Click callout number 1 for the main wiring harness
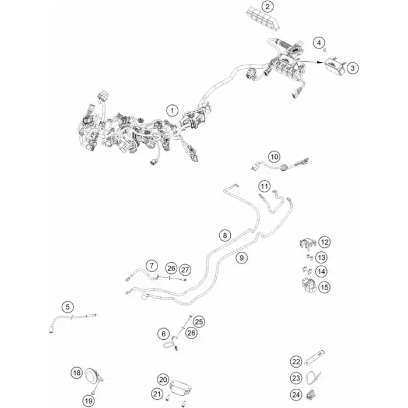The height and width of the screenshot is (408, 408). [x=172, y=111]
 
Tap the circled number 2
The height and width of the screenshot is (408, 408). [x=268, y=7]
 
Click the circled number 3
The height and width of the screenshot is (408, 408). [x=353, y=68]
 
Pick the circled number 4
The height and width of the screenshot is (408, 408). [x=319, y=43]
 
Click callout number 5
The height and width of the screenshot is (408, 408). [x=68, y=307]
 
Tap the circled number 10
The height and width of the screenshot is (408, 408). [x=275, y=157]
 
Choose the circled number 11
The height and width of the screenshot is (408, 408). [x=265, y=187]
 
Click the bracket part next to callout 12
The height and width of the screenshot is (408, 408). [x=308, y=243]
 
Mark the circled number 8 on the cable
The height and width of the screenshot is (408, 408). [x=225, y=235]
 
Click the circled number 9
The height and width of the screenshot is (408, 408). [x=242, y=258]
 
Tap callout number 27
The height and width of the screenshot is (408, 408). [x=185, y=270]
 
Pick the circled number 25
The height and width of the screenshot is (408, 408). [x=199, y=322]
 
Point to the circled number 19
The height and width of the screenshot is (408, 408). [x=89, y=401]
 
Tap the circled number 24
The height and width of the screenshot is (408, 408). [x=296, y=395]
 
